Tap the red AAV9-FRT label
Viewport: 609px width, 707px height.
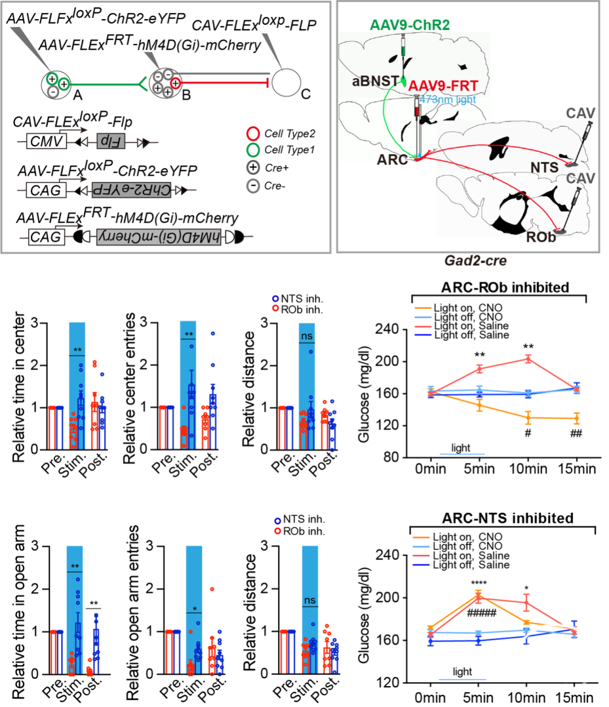tap(444, 86)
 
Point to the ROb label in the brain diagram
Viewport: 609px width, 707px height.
tap(541, 237)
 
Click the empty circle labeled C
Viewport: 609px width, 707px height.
tap(289, 84)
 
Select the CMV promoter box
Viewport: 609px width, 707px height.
tap(47, 140)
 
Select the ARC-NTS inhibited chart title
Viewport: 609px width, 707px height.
tap(500, 517)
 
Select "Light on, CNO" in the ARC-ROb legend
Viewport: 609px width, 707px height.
tap(467, 308)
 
